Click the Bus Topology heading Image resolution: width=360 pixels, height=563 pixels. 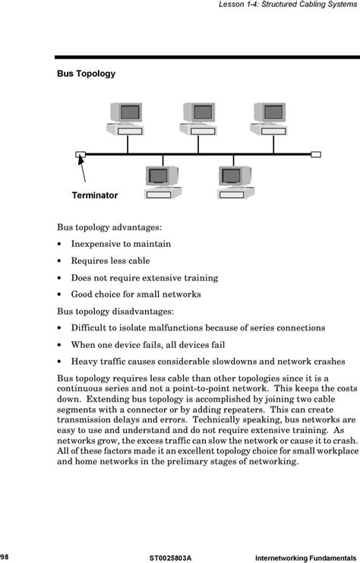86,74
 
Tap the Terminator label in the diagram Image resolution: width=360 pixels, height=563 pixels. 94,195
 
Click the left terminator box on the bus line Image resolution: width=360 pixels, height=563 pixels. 81,154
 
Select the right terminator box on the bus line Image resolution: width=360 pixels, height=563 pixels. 316,154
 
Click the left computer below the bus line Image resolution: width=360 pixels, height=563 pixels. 163,182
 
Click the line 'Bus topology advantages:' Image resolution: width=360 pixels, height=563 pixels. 109,227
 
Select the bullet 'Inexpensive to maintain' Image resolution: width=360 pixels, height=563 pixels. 121,244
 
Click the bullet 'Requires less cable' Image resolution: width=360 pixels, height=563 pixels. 110,261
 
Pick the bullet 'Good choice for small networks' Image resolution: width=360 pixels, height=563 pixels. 136,294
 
